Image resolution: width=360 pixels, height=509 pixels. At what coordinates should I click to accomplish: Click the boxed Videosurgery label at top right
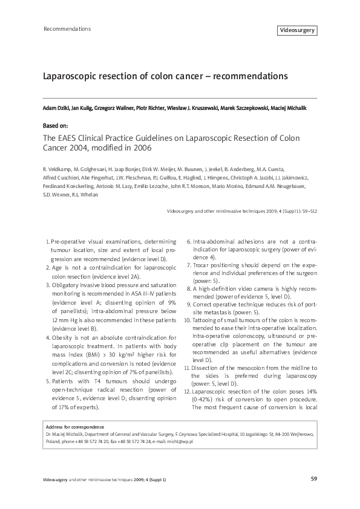(x=296, y=30)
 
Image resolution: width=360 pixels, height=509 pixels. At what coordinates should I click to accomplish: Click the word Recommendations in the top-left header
(x=68, y=28)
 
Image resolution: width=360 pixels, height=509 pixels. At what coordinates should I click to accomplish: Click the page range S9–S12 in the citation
(x=305, y=212)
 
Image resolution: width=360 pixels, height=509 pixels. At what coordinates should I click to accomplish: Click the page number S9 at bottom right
(x=313, y=479)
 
